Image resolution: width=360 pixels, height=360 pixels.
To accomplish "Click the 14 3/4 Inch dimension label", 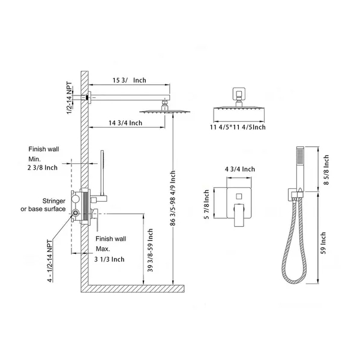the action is click(125, 123).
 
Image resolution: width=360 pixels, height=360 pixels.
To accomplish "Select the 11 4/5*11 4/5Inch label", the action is click(238, 127).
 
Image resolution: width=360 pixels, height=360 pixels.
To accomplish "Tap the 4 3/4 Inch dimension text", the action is click(239, 169).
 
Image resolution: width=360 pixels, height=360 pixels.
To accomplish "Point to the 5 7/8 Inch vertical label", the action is click(206, 205).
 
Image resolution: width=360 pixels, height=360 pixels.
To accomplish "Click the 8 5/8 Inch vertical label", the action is click(326, 170).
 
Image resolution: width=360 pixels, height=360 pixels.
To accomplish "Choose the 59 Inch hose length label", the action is click(323, 243).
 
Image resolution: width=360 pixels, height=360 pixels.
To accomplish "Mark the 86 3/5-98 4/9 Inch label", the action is click(173, 198).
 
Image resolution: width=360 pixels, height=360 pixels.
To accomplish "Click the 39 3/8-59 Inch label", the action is click(150, 250).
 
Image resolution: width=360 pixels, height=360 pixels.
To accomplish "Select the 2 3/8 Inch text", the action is click(43, 167).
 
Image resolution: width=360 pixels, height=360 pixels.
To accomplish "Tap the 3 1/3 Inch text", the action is click(109, 259).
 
